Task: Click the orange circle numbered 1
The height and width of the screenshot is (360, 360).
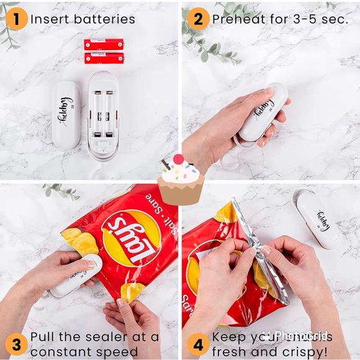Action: point(16,19)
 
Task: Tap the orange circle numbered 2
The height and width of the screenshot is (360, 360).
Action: point(197,19)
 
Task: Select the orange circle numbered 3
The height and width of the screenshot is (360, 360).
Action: point(16,344)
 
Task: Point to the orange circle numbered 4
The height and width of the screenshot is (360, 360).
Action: point(197,344)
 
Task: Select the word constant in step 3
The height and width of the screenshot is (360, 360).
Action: point(62,351)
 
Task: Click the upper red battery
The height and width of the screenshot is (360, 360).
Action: point(104,44)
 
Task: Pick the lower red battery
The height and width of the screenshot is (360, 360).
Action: point(104,58)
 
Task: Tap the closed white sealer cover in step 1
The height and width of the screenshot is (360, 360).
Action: point(66,114)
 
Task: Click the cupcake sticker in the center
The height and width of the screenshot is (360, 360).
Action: point(180,180)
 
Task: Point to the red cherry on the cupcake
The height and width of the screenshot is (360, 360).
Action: point(179,160)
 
